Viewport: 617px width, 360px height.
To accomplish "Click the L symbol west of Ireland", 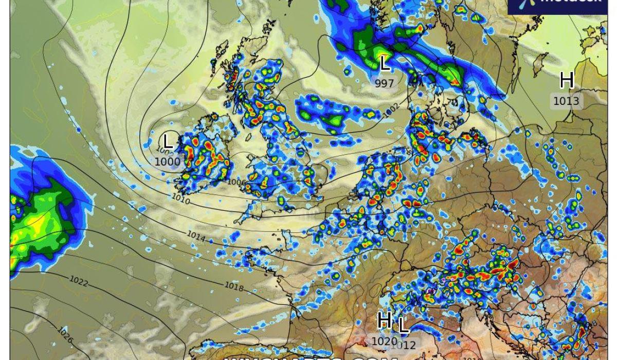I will (168, 141).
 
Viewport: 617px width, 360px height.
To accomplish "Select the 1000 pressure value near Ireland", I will (168, 161).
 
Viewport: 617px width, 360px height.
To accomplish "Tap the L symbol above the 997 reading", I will (385, 64).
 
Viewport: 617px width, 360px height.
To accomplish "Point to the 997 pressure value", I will (385, 83).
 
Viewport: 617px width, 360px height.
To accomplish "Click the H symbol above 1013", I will (566, 81).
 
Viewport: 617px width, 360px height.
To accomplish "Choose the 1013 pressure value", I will (566, 101).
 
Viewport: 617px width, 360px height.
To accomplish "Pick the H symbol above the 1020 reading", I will (384, 320).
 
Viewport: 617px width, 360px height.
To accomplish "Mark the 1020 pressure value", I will (384, 341).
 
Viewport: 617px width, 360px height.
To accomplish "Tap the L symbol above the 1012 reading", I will (404, 325).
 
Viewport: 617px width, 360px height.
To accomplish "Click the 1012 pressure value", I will (404, 345).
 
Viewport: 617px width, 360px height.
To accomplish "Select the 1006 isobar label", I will (237, 182).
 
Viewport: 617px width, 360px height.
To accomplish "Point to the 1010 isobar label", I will (180, 199).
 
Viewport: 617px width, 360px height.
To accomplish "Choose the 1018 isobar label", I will (233, 287).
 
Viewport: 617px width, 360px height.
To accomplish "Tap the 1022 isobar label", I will (79, 282).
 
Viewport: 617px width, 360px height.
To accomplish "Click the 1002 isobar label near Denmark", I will (391, 109).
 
